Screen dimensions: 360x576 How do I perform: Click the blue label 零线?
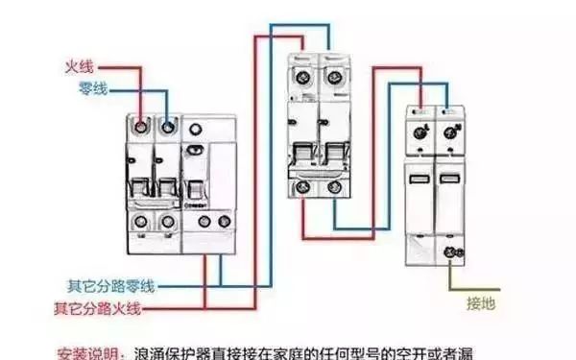click(x=92, y=88)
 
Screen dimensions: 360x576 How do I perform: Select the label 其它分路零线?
click(x=111, y=285)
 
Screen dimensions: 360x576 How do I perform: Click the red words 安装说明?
click(x=88, y=350)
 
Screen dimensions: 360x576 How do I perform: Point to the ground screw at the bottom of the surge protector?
click(x=447, y=252)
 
